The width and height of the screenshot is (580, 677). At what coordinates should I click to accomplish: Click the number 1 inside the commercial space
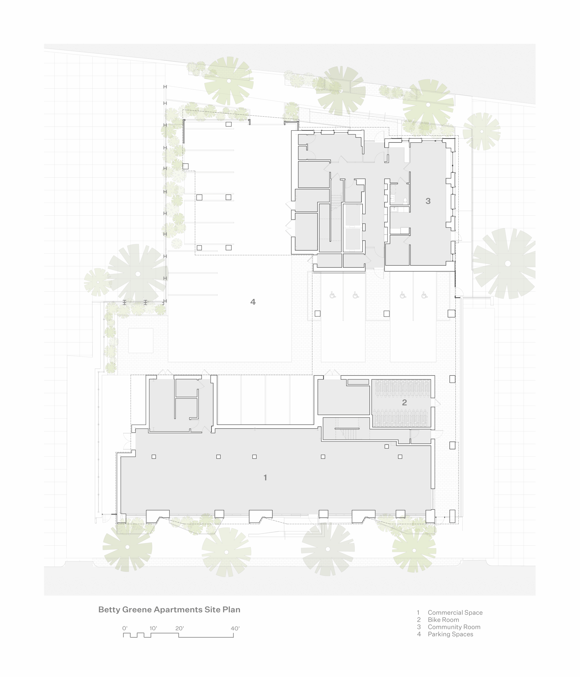[265, 477]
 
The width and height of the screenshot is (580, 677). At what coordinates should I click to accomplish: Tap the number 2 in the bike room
[404, 402]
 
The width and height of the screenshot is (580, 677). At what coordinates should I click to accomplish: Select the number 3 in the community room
[428, 201]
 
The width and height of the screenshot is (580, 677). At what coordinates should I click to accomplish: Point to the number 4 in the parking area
[253, 302]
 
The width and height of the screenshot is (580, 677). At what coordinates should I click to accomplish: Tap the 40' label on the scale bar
[235, 628]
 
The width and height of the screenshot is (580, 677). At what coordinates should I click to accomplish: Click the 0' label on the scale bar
[125, 628]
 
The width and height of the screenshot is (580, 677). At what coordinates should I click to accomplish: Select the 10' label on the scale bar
[153, 628]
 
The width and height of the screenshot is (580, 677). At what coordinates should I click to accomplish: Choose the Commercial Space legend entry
[455, 613]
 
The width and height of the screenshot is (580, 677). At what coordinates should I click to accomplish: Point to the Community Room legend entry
[454, 627]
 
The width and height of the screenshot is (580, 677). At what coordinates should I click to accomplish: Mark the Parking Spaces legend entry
[450, 634]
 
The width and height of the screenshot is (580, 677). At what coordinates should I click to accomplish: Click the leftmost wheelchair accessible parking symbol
[333, 295]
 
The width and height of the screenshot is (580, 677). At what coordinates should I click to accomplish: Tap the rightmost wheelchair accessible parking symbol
[424, 295]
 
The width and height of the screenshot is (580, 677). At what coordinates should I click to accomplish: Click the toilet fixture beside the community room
[405, 200]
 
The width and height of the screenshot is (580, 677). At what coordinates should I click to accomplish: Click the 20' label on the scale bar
[179, 628]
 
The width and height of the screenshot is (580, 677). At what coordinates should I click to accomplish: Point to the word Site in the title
[212, 610]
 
